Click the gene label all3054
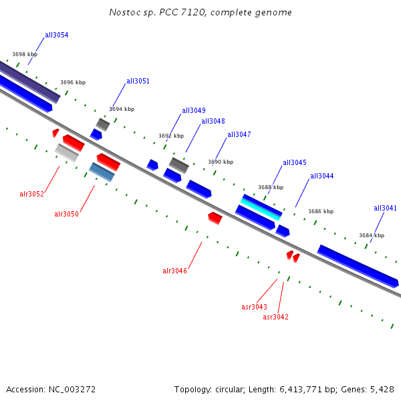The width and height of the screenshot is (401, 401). pyautogui.click(x=56, y=35)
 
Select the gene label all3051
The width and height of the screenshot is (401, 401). pyautogui.click(x=138, y=82)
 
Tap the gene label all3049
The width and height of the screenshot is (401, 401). pyautogui.click(x=194, y=111)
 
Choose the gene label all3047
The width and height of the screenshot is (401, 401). pyautogui.click(x=239, y=134)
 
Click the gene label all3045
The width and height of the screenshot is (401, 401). pyautogui.click(x=295, y=162)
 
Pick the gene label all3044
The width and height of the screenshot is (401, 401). pyautogui.click(x=321, y=176)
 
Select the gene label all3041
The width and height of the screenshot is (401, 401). pyautogui.click(x=385, y=208)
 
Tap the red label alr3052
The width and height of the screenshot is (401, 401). pyautogui.click(x=31, y=194)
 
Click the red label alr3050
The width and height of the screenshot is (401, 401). pyautogui.click(x=66, y=214)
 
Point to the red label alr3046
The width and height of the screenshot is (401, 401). pyautogui.click(x=174, y=271)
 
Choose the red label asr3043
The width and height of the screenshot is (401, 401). pyautogui.click(x=254, y=307)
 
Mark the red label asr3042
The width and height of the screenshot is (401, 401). pyautogui.click(x=275, y=317)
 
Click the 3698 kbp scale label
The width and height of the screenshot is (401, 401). pyautogui.click(x=25, y=54)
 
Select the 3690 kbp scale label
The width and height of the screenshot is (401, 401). pyautogui.click(x=221, y=162)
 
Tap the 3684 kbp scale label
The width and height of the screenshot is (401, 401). pyautogui.click(x=372, y=235)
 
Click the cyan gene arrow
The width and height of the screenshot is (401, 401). pyautogui.click(x=261, y=209)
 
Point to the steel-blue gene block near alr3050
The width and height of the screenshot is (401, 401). pyautogui.click(x=102, y=172)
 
